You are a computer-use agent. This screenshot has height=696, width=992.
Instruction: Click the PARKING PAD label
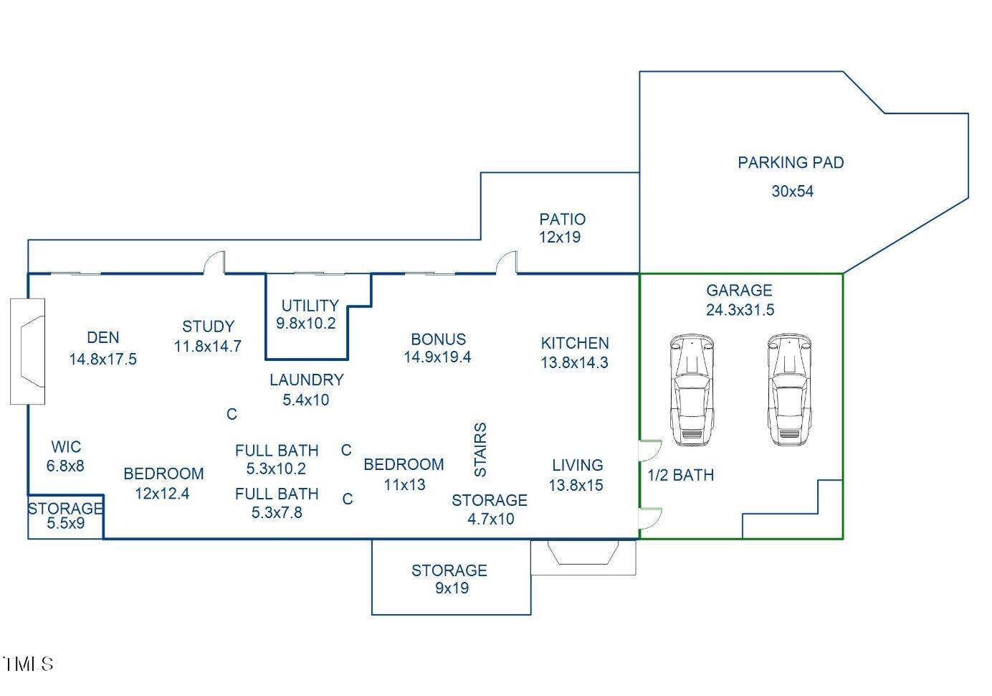pos(791,163)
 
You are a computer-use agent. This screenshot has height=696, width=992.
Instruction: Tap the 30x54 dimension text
pos(792,192)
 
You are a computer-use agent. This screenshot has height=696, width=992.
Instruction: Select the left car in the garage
pos(692,390)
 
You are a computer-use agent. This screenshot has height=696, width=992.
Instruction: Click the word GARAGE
pos(739,291)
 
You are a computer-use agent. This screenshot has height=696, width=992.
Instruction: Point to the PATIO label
pos(562,220)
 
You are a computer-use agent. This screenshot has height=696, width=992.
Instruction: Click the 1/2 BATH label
pos(680,475)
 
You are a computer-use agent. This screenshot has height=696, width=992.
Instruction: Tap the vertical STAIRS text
pos(480,450)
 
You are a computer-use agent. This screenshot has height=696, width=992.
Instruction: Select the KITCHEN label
pos(575,344)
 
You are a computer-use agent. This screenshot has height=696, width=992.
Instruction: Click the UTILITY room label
pos(310,306)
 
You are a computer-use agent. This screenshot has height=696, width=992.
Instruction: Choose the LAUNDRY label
pos(307,380)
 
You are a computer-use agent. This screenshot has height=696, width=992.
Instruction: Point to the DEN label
pos(103,338)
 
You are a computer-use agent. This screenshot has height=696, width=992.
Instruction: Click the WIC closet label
pos(66,447)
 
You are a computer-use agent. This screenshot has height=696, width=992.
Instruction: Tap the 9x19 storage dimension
pos(452,588)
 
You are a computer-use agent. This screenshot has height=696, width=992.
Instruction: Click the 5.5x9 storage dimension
pos(66,524)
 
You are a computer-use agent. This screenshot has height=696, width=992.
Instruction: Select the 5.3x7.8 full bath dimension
pos(277,512)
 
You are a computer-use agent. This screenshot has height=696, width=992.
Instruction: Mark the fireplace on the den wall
pos(29,352)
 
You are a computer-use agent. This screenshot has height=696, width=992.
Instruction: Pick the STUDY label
pos(208,327)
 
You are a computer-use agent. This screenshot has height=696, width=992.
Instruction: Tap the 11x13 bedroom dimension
pos(404,485)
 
